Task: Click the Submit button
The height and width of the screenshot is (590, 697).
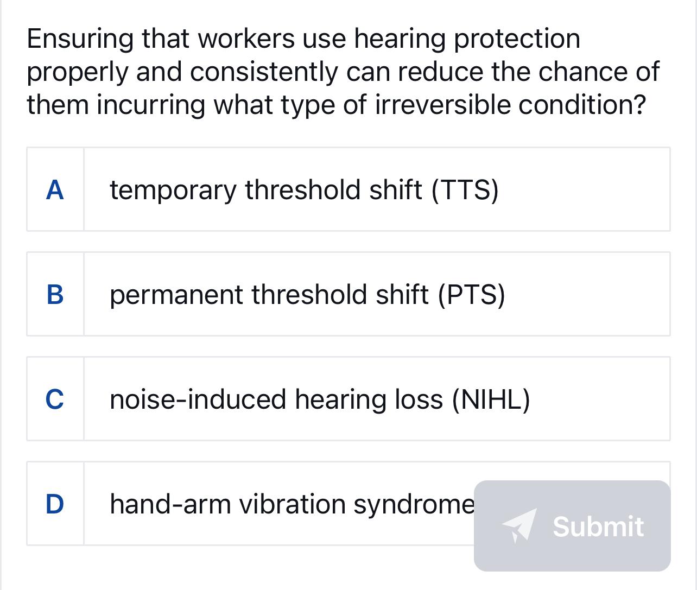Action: click(x=572, y=525)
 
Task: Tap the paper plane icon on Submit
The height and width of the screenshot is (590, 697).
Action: click(x=519, y=525)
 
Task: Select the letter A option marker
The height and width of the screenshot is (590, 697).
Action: click(x=55, y=189)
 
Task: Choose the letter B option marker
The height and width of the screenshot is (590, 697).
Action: click(x=55, y=294)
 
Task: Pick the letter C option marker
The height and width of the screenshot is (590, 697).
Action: click(x=55, y=399)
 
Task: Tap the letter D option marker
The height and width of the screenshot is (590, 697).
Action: click(x=55, y=504)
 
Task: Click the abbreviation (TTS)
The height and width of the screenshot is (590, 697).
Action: click(x=465, y=190)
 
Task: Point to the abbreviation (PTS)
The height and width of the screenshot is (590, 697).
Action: click(x=471, y=295)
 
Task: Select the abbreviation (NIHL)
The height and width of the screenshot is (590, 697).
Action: click(x=491, y=399)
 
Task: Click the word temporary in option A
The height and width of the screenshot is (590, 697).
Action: click(x=173, y=190)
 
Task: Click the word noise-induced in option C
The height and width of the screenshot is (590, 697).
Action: click(x=198, y=399)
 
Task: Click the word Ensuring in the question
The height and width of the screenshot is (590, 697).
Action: click(x=80, y=39)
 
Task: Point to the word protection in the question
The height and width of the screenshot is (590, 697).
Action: click(x=517, y=39)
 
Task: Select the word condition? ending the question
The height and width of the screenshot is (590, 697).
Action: click(x=582, y=104)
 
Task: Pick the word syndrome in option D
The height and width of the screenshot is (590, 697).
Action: click(x=414, y=504)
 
